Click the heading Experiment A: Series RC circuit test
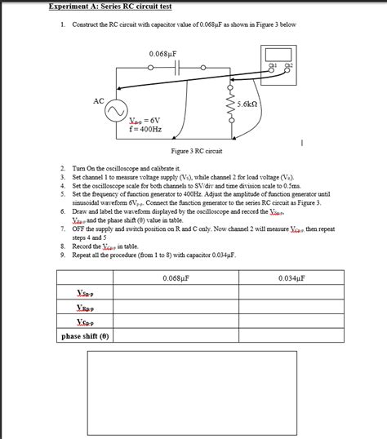pyautogui.click(x=109, y=7)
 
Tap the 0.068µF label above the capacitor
pyautogui.click(x=163, y=54)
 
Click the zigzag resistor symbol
pyautogui.click(x=229, y=104)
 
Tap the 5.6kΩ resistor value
pyautogui.click(x=247, y=104)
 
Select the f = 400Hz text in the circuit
pyautogui.click(x=146, y=129)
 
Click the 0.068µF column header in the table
pyautogui.click(x=176, y=277)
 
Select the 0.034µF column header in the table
pyautogui.click(x=291, y=277)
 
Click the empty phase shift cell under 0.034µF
pyautogui.click(x=291, y=335)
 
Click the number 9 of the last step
pyautogui.click(x=62, y=255)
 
